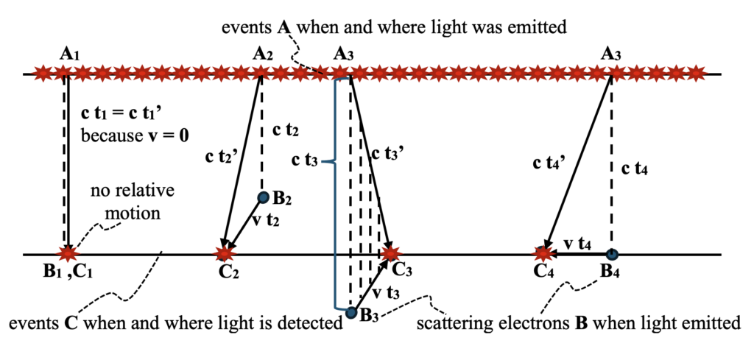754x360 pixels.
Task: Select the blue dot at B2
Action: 263,197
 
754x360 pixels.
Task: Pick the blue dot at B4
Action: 611,254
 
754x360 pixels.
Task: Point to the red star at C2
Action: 223,254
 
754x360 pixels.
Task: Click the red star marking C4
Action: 543,254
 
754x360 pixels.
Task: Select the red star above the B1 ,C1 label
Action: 68,254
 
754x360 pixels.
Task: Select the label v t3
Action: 387,292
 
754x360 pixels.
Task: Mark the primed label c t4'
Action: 545,165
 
